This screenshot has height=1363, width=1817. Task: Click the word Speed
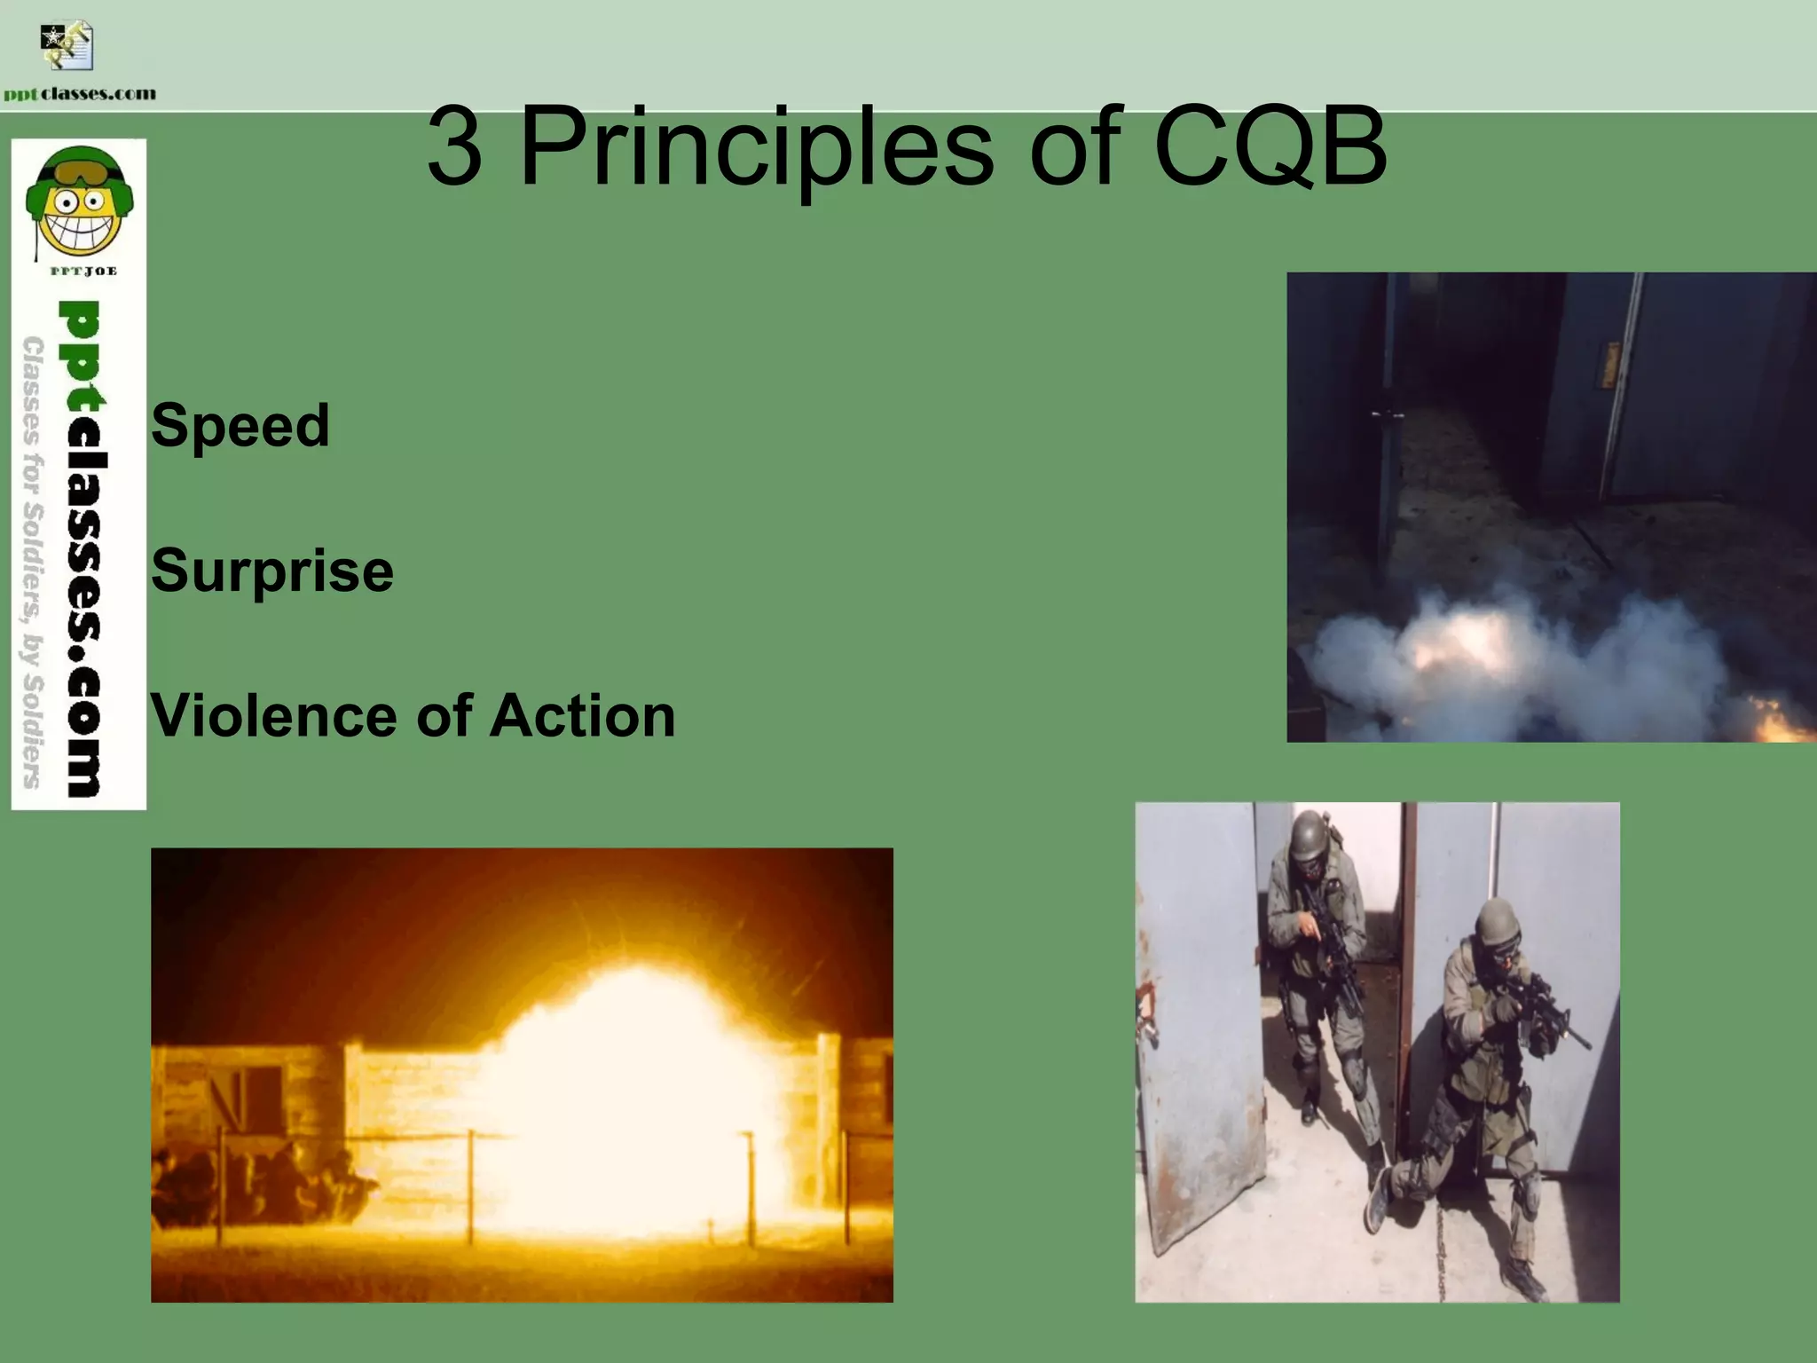coord(240,426)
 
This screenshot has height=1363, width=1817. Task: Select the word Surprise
coord(271,571)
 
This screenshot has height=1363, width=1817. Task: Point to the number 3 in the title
coord(454,147)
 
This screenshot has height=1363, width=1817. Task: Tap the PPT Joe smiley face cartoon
coord(79,203)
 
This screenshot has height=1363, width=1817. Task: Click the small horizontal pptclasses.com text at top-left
coord(80,94)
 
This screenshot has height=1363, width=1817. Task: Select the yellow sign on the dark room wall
coord(1608,366)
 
